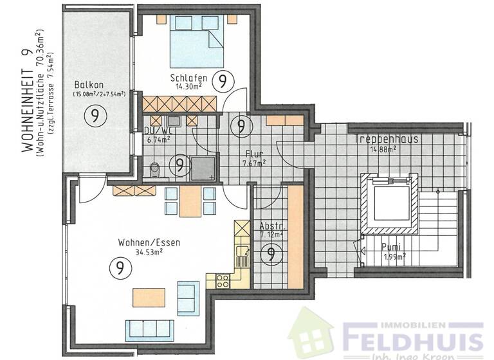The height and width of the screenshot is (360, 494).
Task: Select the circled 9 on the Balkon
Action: pos(95,116)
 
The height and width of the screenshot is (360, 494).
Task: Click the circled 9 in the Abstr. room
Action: pos(270,255)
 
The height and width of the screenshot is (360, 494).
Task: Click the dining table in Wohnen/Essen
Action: pos(190,201)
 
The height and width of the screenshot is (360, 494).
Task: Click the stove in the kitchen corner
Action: pos(222,280)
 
